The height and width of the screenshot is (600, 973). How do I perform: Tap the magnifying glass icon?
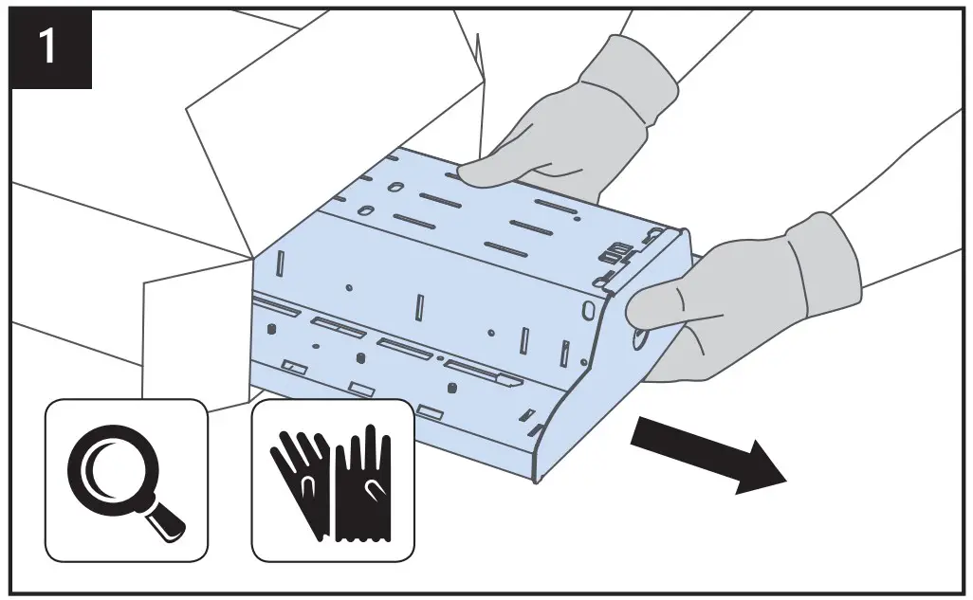pos(126,480)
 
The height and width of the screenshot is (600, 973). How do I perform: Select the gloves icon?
pos(332,480)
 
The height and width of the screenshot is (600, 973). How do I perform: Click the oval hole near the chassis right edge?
pos(590,310)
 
